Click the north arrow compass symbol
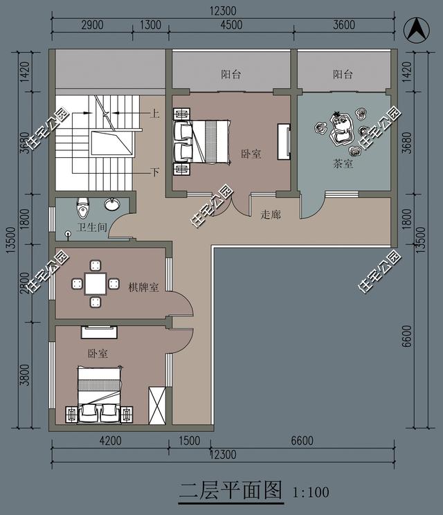(415, 29)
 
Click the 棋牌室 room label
(144, 287)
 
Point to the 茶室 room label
(343, 163)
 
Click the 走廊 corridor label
(271, 215)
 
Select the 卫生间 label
(91, 228)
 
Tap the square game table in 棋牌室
(96, 283)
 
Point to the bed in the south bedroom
(99, 393)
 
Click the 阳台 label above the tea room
(343, 73)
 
